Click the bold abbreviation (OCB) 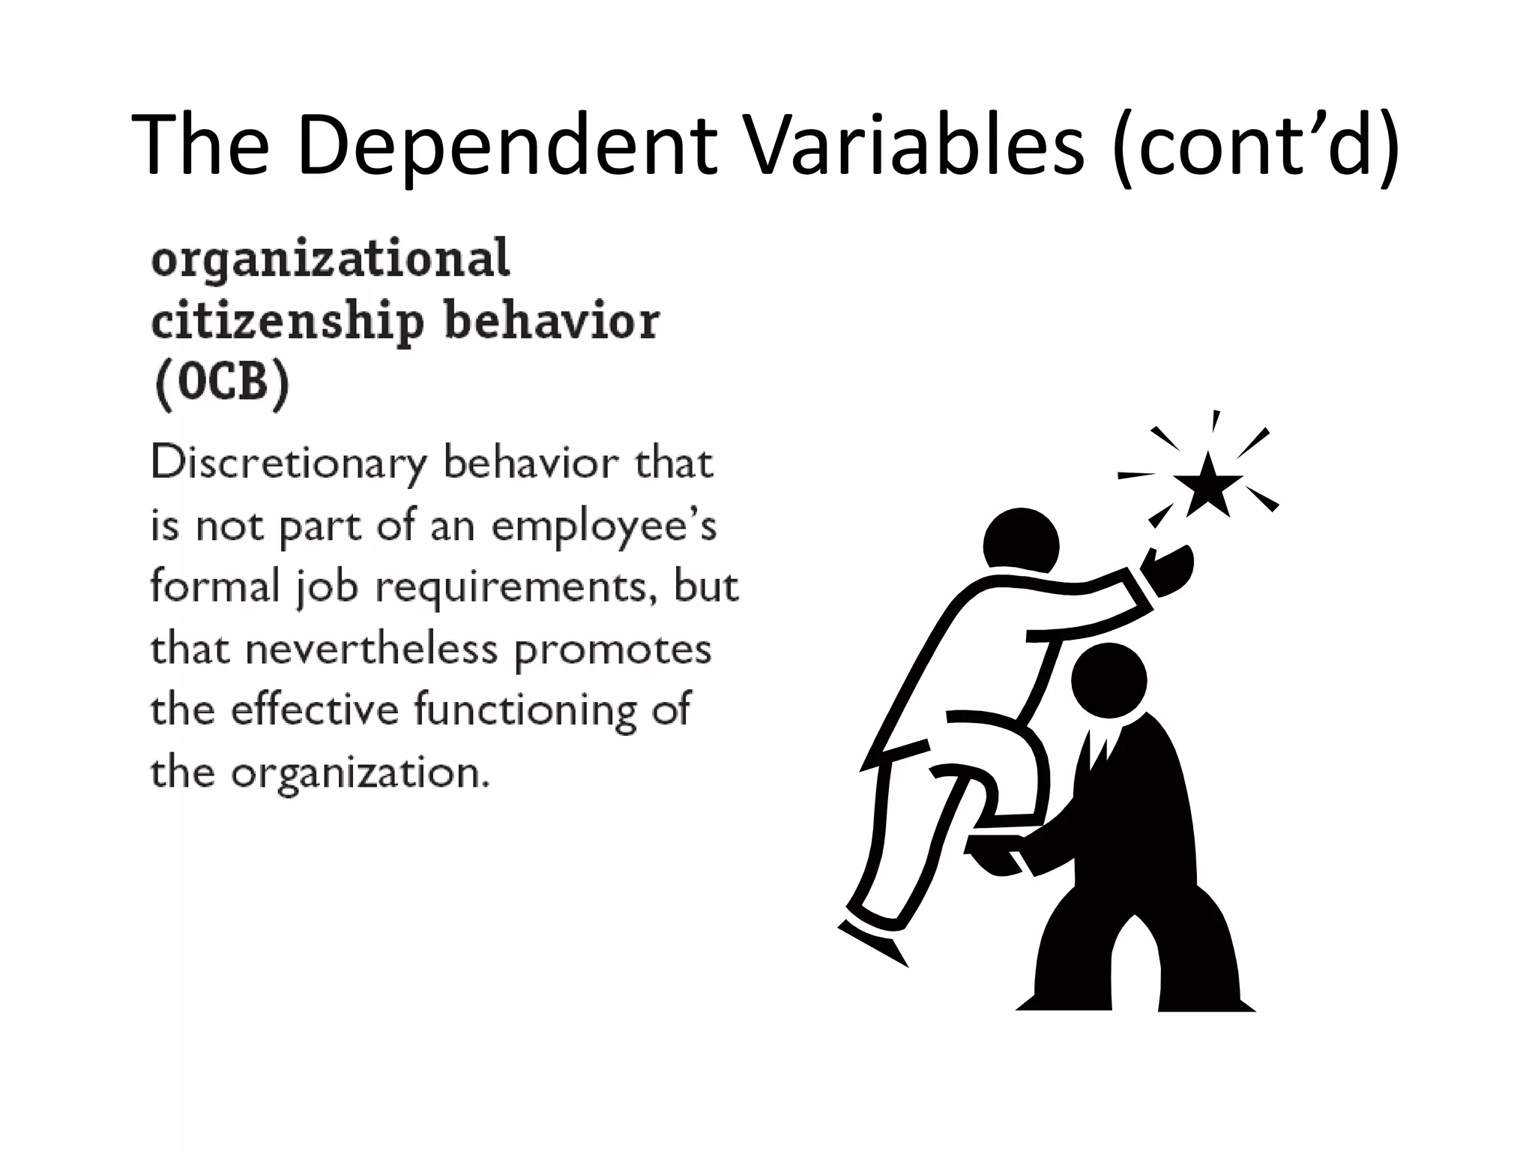(x=222, y=384)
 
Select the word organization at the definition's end (x=360, y=772)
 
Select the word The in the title (x=201, y=146)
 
